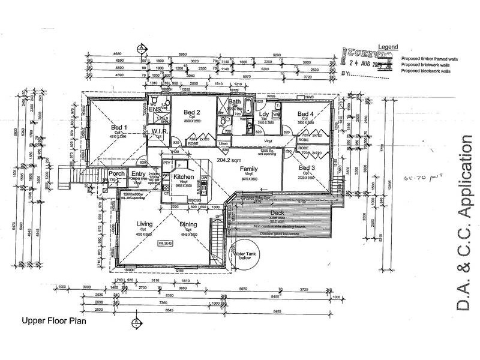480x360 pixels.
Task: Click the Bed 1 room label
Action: (119, 127)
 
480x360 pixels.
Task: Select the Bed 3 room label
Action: (306, 168)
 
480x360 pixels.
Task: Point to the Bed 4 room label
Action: (305, 114)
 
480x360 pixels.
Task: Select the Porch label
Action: (116, 174)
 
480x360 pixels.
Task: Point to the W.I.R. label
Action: (159, 131)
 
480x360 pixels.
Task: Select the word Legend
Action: (387, 46)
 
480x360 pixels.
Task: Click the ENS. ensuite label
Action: (155, 110)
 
